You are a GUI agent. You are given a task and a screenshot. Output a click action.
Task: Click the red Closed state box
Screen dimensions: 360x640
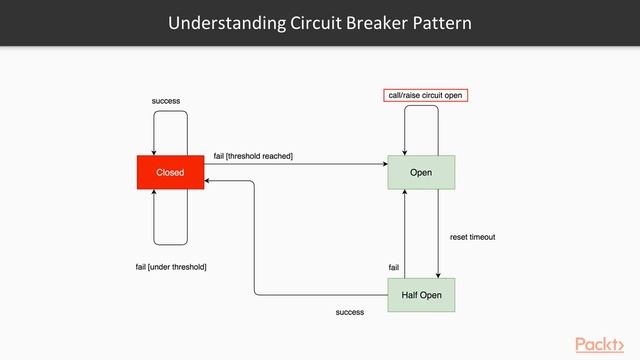(170, 172)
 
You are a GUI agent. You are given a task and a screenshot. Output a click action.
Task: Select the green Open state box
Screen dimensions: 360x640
(421, 172)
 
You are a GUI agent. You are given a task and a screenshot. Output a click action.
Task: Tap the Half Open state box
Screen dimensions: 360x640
(421, 295)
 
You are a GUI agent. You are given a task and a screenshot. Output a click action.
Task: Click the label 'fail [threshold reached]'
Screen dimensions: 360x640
(253, 157)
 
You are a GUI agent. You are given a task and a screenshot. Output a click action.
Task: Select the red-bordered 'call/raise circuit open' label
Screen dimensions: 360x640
(426, 95)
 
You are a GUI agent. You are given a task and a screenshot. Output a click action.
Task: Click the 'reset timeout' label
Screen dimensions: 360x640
(472, 237)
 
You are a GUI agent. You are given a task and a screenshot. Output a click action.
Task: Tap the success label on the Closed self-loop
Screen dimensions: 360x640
(166, 101)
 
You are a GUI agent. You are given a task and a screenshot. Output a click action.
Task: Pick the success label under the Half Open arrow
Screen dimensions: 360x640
(350, 312)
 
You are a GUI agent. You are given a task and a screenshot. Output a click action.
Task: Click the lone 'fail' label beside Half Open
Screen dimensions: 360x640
(393, 267)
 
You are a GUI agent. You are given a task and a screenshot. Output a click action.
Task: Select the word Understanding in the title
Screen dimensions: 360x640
(224, 22)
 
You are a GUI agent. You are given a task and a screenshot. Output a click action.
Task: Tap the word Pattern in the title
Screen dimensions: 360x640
(444, 22)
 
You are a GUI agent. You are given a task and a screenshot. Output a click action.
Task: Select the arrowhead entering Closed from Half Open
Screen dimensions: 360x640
(208, 181)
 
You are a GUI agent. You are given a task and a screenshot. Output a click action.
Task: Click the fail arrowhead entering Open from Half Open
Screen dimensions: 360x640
(404, 194)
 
